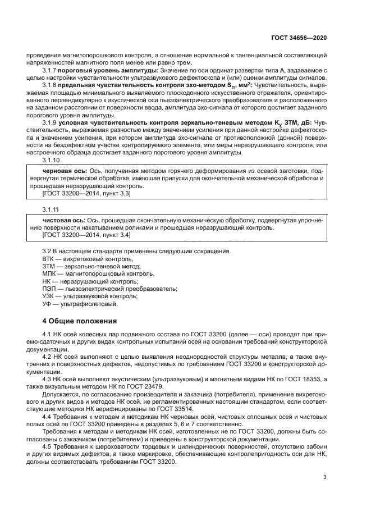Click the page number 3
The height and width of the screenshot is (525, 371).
tap(325, 477)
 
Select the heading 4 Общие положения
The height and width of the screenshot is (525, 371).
tap(80, 321)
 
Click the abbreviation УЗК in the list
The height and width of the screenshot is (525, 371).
tap(50, 296)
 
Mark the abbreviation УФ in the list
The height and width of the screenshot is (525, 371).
tap(47, 304)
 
